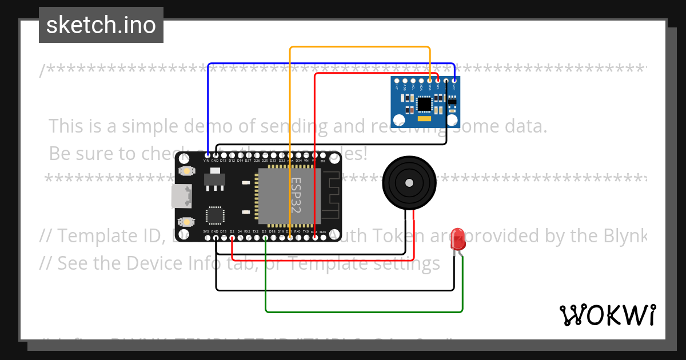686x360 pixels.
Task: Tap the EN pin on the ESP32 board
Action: [x=322, y=155]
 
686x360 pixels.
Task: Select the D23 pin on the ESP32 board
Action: [x=322, y=237]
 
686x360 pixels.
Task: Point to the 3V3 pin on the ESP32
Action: [x=206, y=237]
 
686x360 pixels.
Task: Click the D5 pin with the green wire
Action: [x=264, y=237]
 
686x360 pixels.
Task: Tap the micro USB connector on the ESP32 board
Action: [x=181, y=197]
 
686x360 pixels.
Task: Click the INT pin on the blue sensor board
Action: [x=397, y=81]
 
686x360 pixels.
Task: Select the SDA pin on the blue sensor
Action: [x=429, y=81]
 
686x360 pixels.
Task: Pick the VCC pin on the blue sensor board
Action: [x=454, y=81]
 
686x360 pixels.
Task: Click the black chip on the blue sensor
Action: [x=424, y=104]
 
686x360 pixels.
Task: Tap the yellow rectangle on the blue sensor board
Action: [x=424, y=120]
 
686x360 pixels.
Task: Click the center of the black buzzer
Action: [x=409, y=183]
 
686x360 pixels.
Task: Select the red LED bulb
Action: [x=458, y=239]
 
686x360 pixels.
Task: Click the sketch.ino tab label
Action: [x=101, y=25]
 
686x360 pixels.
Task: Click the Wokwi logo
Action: [x=607, y=315]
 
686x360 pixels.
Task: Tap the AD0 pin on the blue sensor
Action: [x=405, y=81]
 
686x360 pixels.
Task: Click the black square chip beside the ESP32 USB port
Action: [x=215, y=215]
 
